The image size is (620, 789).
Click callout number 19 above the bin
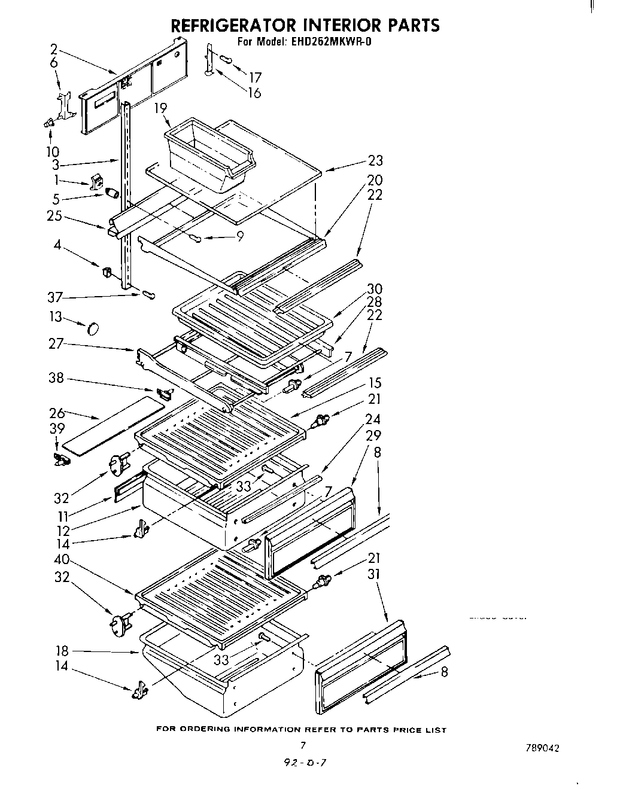[x=160, y=108]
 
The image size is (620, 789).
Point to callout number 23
[x=375, y=160]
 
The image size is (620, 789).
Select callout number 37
[x=55, y=297]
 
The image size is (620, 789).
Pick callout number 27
[x=56, y=344]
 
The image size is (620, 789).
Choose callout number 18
[x=62, y=651]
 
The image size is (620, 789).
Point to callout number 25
[x=54, y=216]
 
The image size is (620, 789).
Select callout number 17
[x=255, y=77]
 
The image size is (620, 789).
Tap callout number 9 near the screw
[x=239, y=237]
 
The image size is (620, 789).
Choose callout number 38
[x=56, y=379]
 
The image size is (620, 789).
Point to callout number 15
[x=375, y=383]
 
